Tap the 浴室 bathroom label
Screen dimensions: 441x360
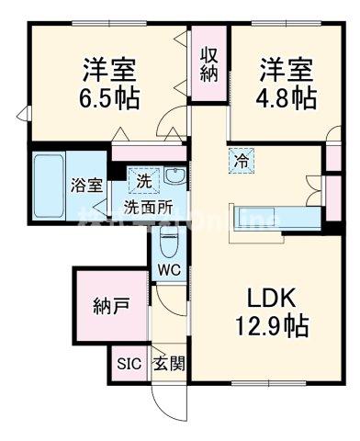pos(88,183)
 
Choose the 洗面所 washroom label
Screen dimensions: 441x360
pos(149,206)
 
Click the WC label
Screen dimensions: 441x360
pos(168,270)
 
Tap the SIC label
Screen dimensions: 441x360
pos(128,363)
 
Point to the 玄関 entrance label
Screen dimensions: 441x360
pos(168,363)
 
